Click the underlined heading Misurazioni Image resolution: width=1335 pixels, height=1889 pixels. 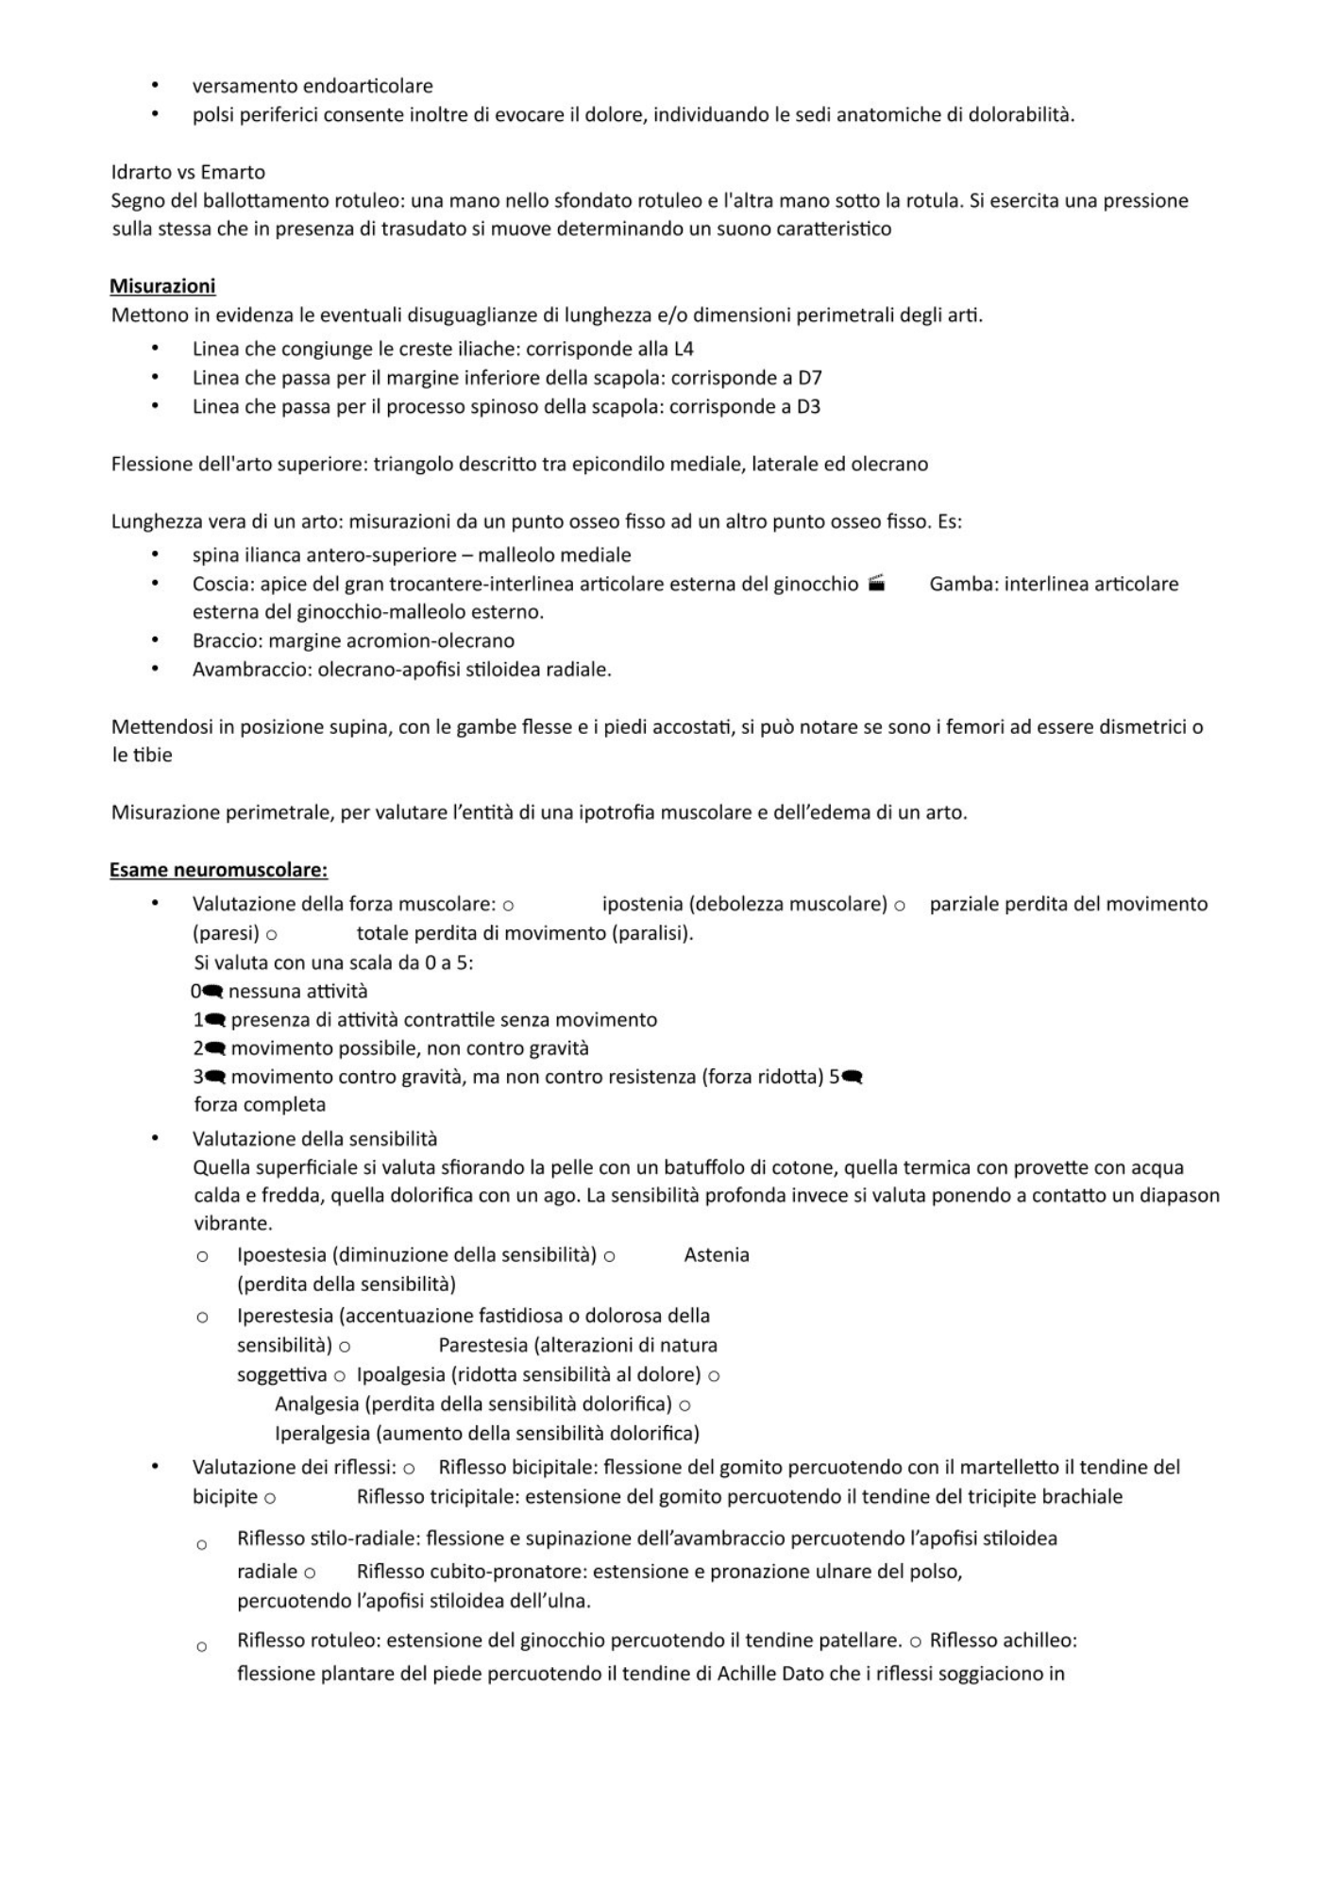click(x=162, y=285)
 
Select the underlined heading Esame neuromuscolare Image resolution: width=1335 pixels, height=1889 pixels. click(x=218, y=869)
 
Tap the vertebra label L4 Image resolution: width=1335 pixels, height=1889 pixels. click(x=683, y=349)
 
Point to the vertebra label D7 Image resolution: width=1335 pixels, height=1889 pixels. click(x=809, y=378)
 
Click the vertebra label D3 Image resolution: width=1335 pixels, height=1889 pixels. click(x=808, y=407)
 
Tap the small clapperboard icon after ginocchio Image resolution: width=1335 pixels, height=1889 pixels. click(x=876, y=583)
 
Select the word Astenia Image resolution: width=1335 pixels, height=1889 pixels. click(x=716, y=1255)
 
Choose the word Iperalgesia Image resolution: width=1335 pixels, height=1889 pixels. click(x=322, y=1433)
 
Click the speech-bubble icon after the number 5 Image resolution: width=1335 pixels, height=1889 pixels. click(x=852, y=1077)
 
